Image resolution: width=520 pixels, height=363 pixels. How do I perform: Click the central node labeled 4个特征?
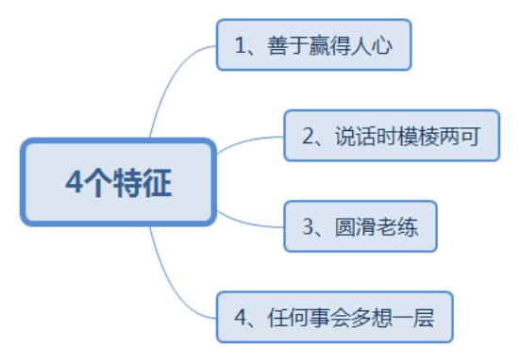118,182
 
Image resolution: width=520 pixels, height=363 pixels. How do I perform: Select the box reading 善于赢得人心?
315,43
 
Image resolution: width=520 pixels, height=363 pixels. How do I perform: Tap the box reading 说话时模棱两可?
391,135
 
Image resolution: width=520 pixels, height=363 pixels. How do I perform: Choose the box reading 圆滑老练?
361,227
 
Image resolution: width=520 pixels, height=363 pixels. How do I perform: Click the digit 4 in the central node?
71,183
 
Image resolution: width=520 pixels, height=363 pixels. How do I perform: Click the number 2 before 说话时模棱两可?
308,136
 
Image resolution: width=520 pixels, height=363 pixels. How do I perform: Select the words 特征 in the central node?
143,183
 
